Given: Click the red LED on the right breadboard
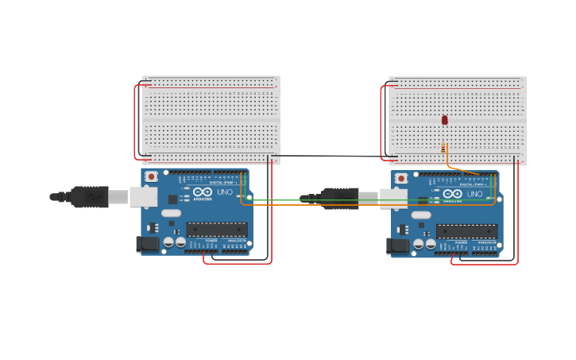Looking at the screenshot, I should tap(445, 120).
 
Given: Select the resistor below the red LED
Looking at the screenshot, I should tap(443, 148).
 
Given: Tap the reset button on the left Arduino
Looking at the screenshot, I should tap(151, 176).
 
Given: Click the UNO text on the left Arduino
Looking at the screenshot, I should tap(225, 192).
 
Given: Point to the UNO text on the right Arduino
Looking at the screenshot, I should tap(474, 194).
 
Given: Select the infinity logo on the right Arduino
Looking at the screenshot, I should tap(453, 193).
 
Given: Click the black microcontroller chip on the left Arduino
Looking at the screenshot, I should tap(216, 230).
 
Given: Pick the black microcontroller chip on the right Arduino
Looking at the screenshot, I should tap(466, 231).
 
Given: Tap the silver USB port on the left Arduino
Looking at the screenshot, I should tap(143, 196).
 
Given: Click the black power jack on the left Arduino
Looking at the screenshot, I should tap(148, 244).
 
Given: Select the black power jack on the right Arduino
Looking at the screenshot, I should tap(397, 246).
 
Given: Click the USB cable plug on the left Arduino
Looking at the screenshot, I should tap(89, 196).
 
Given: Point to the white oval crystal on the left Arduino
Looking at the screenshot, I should tap(172, 213).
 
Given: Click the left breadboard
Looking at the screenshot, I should tap(211, 120).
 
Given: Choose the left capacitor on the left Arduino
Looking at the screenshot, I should tap(168, 242).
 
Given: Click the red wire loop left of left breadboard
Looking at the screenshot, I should tap(135, 119).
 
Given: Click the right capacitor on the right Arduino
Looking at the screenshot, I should tap(431, 244).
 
